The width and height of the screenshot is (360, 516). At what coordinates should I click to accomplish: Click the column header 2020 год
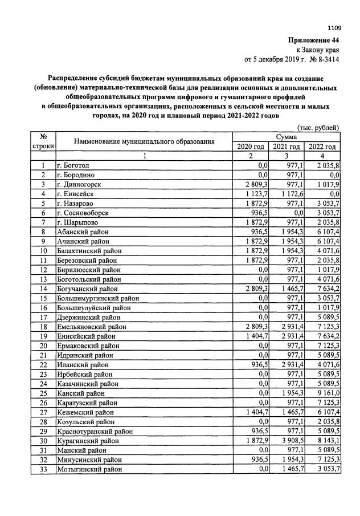[251, 147]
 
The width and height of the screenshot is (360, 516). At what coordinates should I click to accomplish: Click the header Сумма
[287, 137]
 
